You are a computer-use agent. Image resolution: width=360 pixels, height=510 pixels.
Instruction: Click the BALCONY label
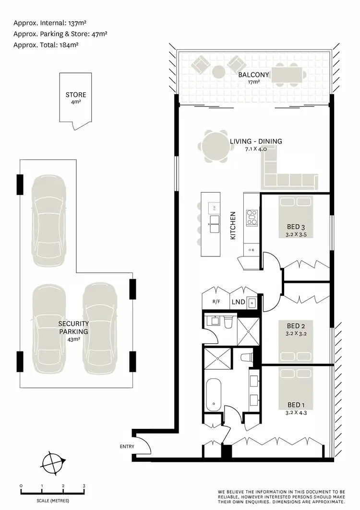click(254, 75)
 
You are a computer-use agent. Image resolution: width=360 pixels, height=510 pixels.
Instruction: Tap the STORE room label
click(76, 95)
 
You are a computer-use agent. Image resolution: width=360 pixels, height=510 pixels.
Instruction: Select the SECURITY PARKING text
click(73, 328)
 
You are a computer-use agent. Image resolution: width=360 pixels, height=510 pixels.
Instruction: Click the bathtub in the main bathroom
click(214, 394)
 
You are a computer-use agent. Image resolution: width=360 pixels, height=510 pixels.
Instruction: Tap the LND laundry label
click(238, 302)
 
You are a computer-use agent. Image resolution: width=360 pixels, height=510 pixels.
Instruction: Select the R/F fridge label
click(216, 302)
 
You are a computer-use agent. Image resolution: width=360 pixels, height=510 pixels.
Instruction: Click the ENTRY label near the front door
click(127, 446)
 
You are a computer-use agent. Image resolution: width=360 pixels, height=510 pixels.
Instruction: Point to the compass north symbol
click(52, 464)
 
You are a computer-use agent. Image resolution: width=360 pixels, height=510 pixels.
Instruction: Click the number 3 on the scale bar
click(84, 486)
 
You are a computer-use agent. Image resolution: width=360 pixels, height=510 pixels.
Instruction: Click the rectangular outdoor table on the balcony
click(288, 75)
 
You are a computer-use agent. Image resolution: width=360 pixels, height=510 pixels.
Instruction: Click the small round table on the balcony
click(218, 72)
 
